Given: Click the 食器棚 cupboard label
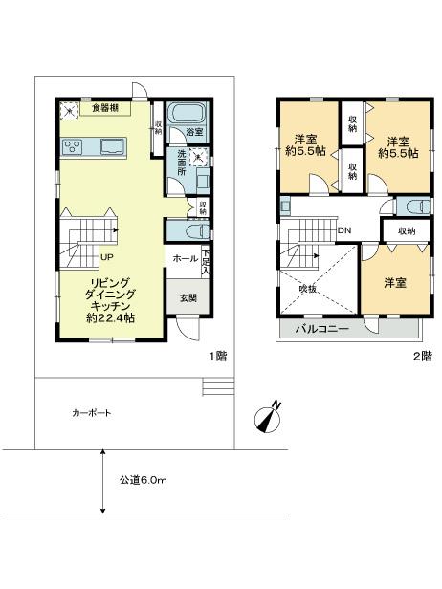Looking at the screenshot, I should [105, 108].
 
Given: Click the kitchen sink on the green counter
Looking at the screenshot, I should [110, 146].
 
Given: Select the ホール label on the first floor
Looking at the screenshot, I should [185, 259].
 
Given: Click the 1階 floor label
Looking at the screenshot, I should [218, 356].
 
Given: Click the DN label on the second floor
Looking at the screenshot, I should [344, 230].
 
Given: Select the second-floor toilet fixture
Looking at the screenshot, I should [411, 207].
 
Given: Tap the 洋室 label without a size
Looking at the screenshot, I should [394, 282].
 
